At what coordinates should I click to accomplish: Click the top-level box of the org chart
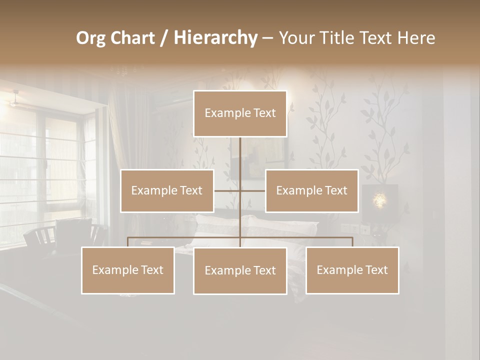click(240, 113)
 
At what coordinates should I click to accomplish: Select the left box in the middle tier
click(167, 190)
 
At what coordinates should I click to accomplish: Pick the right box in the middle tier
click(311, 190)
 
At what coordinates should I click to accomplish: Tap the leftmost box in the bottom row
click(128, 270)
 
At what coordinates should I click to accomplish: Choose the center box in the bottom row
click(240, 270)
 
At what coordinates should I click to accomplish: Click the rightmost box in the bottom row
click(352, 270)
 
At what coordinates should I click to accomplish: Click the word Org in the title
click(90, 38)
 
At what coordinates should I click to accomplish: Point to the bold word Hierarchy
click(215, 38)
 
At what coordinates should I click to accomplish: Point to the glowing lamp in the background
click(380, 200)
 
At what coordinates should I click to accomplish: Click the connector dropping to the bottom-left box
click(128, 242)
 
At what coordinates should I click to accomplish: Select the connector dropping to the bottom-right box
click(352, 242)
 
